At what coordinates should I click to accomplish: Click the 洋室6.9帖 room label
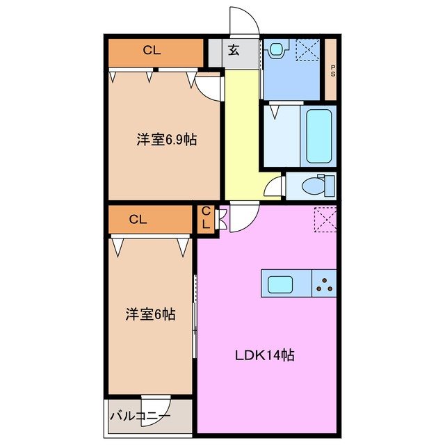(x=165, y=140)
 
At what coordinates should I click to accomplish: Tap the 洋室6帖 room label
(x=149, y=314)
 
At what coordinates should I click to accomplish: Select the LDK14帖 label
(x=264, y=355)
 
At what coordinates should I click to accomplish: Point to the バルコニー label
(x=139, y=417)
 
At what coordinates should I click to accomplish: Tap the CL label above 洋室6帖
(x=138, y=220)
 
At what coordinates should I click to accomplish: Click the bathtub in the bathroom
(x=319, y=135)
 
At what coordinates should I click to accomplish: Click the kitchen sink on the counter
(x=281, y=284)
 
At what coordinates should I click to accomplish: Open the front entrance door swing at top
(x=244, y=22)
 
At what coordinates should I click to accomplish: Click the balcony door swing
(x=155, y=406)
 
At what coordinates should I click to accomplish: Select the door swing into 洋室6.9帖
(x=207, y=85)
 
